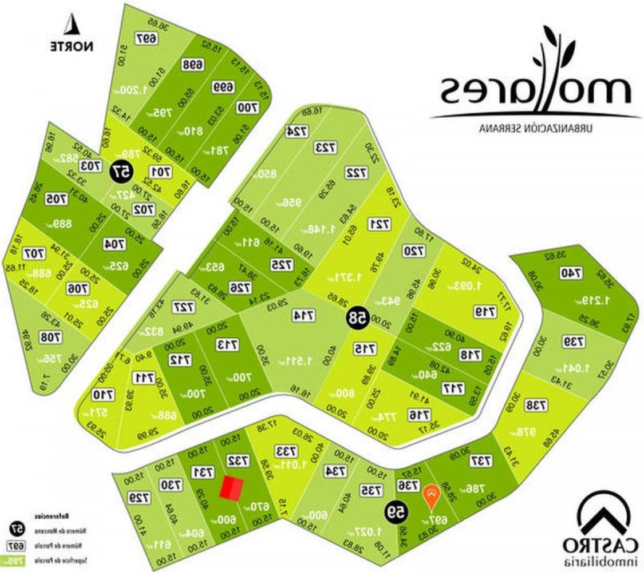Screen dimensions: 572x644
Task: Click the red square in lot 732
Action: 232,490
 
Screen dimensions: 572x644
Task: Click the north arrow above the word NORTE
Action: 72,25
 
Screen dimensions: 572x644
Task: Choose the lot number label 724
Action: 297,131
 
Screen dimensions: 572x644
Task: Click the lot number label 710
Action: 101,395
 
